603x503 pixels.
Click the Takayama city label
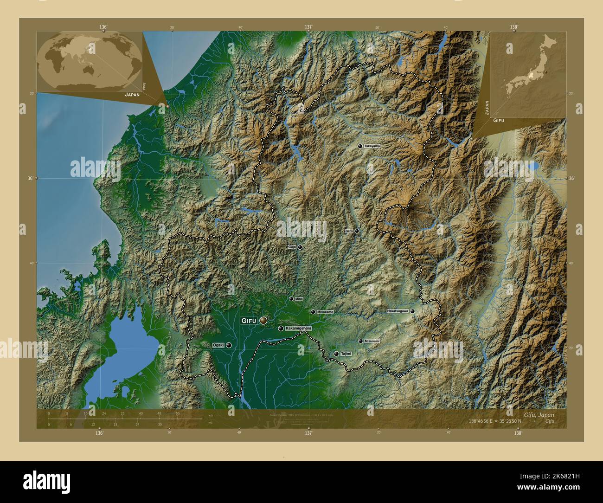[372, 146]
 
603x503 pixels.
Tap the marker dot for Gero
[357, 231]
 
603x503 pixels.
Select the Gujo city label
[292, 247]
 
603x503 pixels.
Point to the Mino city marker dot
[291, 299]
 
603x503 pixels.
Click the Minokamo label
[325, 312]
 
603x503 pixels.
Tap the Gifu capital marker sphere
[263, 320]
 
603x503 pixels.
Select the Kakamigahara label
[299, 329]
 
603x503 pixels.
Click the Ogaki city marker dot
[229, 345]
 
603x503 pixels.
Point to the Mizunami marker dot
[360, 341]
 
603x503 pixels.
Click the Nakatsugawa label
[398, 311]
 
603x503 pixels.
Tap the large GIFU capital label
[249, 321]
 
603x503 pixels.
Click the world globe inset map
[90, 62]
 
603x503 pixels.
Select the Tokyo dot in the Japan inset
[546, 72]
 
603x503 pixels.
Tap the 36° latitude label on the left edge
[30, 178]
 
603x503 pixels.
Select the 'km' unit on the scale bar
[211, 415]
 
